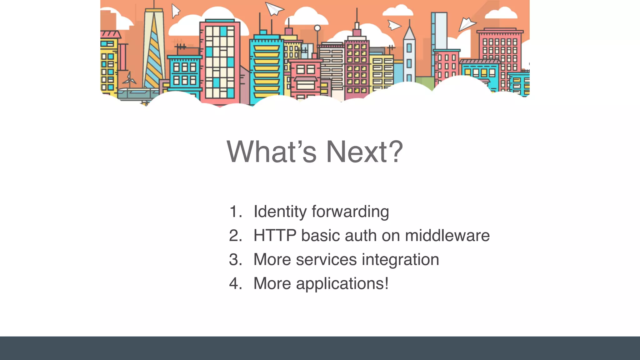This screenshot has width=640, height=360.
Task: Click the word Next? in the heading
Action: click(x=364, y=152)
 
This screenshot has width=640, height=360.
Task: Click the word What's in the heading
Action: click(x=271, y=152)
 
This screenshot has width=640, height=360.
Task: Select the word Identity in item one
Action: click(x=280, y=212)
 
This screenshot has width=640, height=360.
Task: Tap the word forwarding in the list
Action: click(x=350, y=212)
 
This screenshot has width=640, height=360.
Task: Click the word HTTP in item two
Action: click(x=275, y=236)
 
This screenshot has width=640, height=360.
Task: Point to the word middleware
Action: click(x=447, y=236)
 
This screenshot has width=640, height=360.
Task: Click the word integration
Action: click(x=401, y=260)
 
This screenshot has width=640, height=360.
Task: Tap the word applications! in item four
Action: click(x=342, y=284)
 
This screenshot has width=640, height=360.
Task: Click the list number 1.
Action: click(x=235, y=212)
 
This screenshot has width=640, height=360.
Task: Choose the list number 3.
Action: click(x=235, y=260)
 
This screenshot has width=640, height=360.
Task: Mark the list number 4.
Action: click(x=235, y=284)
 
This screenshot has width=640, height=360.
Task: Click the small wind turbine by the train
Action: click(x=129, y=79)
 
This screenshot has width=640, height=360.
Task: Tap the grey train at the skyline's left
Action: click(x=137, y=93)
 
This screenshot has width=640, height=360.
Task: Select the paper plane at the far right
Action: click(x=467, y=24)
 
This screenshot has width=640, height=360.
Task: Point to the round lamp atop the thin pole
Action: click(x=317, y=28)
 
